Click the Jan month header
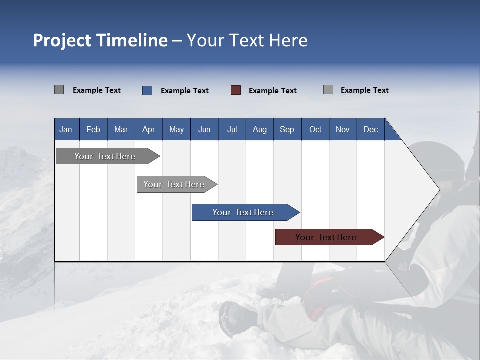coord(66,129)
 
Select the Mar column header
coord(121,129)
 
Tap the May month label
coord(176,129)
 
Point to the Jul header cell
coord(232,129)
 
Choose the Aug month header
coord(259,129)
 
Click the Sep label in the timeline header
coord(287,129)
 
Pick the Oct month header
coord(315,129)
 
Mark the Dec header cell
coord(370,129)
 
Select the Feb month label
coord(93,129)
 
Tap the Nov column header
coord(342,129)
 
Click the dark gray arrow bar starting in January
coord(105,156)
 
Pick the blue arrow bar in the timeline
coord(243,212)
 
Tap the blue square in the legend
coord(147,90)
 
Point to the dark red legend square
coord(236,90)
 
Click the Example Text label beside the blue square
coord(184,91)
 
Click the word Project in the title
coord(62,40)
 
